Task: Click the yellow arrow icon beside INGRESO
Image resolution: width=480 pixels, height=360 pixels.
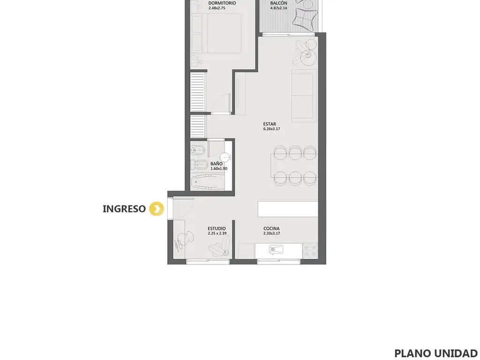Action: tap(157, 209)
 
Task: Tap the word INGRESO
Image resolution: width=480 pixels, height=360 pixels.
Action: tap(124, 209)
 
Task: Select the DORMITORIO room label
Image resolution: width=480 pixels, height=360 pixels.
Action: tap(222, 3)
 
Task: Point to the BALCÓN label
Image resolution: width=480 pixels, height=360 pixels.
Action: tap(278, 3)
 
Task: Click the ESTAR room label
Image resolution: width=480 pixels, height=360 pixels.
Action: tap(270, 124)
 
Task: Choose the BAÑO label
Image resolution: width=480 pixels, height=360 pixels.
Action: tap(217, 164)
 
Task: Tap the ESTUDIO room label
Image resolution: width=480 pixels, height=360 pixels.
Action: tap(217, 228)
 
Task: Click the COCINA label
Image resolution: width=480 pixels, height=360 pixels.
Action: tap(271, 228)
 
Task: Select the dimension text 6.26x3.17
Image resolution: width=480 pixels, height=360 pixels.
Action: tap(271, 129)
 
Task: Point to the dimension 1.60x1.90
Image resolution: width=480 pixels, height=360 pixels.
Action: tap(219, 169)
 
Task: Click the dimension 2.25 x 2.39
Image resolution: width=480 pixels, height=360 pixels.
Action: tap(217, 233)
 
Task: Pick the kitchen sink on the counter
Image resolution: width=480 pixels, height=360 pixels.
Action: tap(276, 249)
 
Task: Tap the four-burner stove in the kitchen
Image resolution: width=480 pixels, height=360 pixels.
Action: tap(310, 251)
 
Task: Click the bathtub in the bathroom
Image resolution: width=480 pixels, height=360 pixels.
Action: tap(208, 182)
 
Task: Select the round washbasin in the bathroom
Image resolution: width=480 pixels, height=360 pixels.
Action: tap(225, 157)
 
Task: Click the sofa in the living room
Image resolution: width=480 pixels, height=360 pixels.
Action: tap(304, 96)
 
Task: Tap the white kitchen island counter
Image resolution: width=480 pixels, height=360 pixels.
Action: tap(288, 209)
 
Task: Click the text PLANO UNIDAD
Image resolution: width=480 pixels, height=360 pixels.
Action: tap(436, 353)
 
